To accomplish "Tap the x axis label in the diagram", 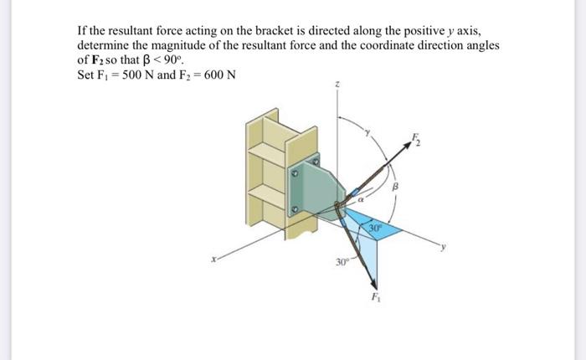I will point(214,260).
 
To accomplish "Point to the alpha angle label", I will point(359,200).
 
